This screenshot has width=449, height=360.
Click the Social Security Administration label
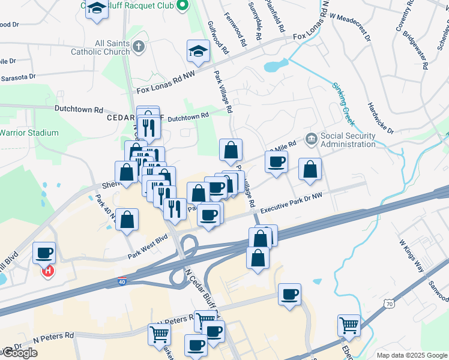[348, 140]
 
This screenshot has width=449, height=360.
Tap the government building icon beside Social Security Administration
[311, 139]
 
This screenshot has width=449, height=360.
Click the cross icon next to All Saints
[138, 46]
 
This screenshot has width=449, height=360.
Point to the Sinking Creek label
[344, 104]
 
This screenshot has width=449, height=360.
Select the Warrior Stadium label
[29, 133]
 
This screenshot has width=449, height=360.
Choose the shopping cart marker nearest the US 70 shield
[349, 325]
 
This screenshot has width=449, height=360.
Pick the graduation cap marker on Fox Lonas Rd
[197, 50]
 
